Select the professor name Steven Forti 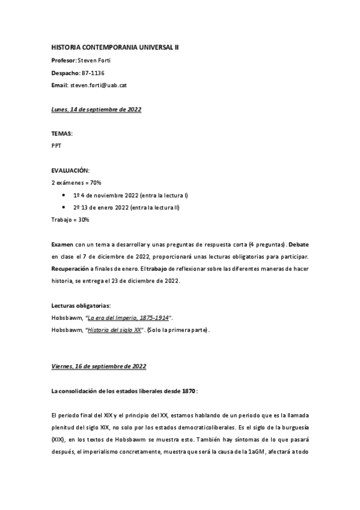[x=96, y=60]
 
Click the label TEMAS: [x=63, y=132]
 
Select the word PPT [x=56, y=145]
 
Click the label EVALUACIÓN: [x=70, y=171]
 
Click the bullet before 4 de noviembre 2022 [x=64, y=195]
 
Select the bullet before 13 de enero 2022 [x=64, y=207]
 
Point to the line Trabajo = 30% [x=70, y=220]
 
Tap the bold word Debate [x=296, y=245]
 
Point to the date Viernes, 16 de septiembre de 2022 [x=99, y=366]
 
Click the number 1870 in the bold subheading [x=183, y=390]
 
